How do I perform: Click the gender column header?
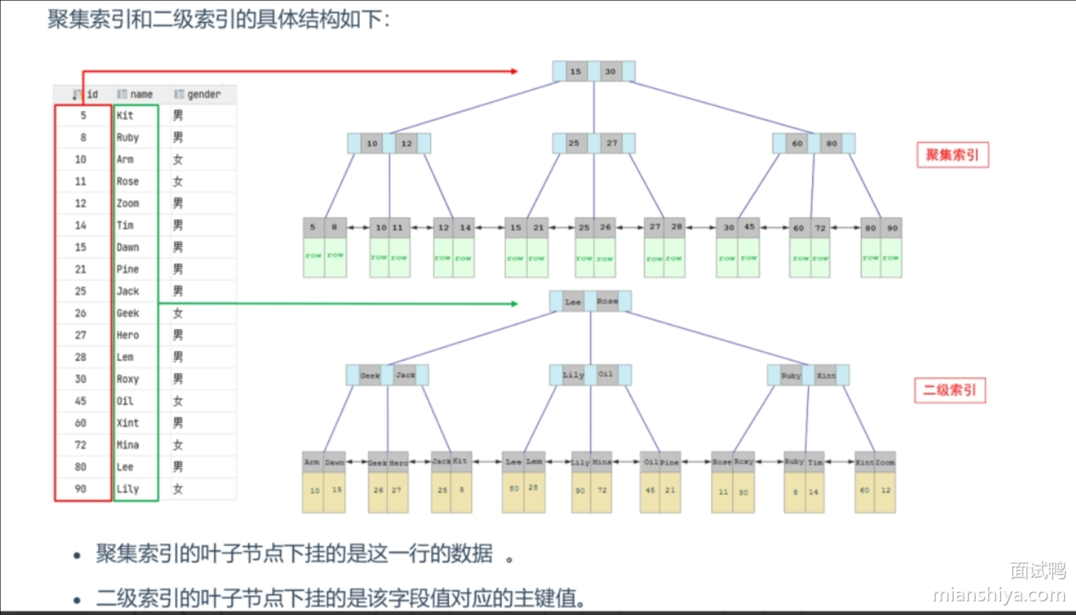pyautogui.click(x=203, y=94)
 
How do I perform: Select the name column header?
pyautogui.click(x=141, y=94)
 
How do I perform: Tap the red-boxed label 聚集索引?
pyautogui.click(x=952, y=155)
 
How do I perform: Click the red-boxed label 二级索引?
pyautogui.click(x=950, y=390)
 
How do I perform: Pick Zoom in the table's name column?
pyautogui.click(x=128, y=203)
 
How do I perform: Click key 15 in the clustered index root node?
pyautogui.click(x=576, y=71)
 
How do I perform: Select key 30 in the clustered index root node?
pyautogui.click(x=610, y=71)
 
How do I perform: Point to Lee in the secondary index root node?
pyautogui.click(x=573, y=302)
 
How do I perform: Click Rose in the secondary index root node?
pyautogui.click(x=607, y=301)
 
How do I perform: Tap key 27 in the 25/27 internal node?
pyautogui.click(x=611, y=143)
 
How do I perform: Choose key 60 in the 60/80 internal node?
pyautogui.click(x=797, y=144)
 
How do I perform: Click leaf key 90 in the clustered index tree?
pyautogui.click(x=892, y=228)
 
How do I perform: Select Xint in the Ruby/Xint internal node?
pyautogui.click(x=826, y=376)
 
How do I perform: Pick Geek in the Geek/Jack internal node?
pyautogui.click(x=370, y=376)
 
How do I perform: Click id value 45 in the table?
pyautogui.click(x=81, y=401)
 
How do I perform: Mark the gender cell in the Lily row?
pyautogui.click(x=178, y=488)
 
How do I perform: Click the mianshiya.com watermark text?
pyautogui.click(x=999, y=595)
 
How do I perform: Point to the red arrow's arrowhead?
pyautogui.click(x=514, y=71)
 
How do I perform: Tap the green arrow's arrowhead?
pyautogui.click(x=514, y=304)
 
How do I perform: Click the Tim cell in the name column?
pyautogui.click(x=125, y=225)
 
